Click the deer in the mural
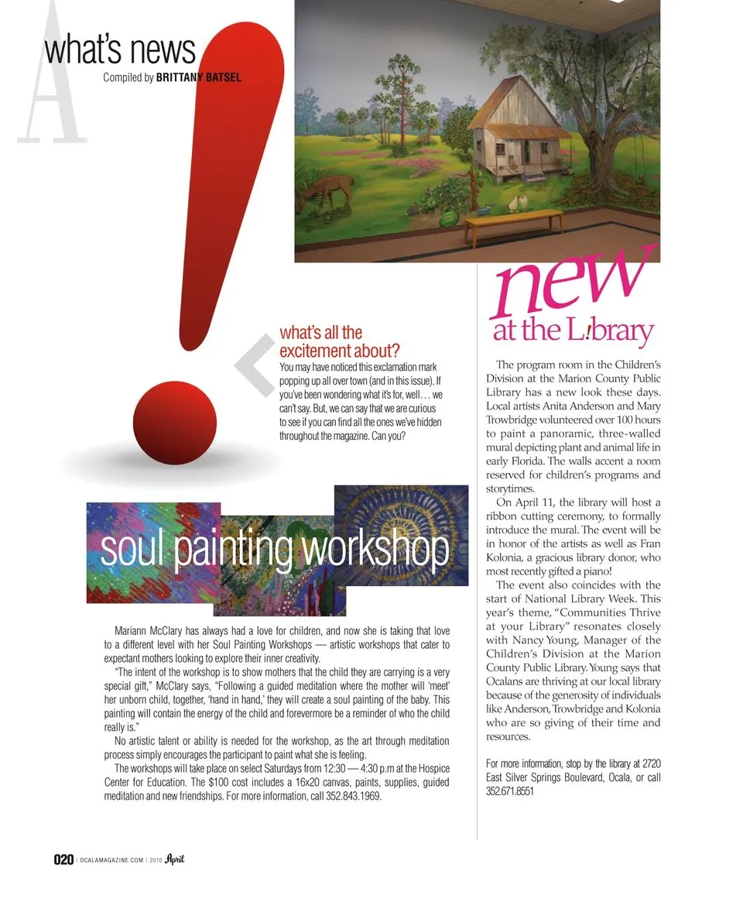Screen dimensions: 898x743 [x=330, y=190]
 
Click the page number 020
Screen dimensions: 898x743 [x=63, y=860]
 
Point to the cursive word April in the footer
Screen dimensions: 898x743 [x=173, y=859]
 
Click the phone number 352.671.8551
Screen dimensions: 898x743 [x=510, y=790]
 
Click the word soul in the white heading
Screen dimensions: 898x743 [x=132, y=550]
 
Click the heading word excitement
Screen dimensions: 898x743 [x=317, y=351]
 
